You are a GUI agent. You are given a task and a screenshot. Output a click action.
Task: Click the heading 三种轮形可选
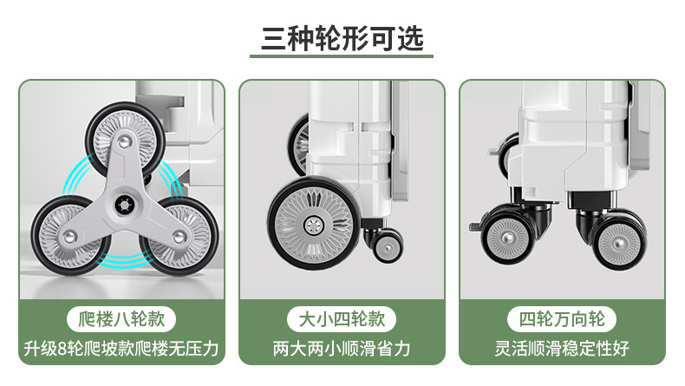click(x=342, y=37)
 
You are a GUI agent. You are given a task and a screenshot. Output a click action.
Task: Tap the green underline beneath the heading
click(x=342, y=58)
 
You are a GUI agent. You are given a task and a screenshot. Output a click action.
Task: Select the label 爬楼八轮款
click(x=121, y=318)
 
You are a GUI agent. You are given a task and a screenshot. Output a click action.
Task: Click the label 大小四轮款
click(x=342, y=318)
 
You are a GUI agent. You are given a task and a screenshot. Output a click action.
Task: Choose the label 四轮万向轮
click(x=562, y=318)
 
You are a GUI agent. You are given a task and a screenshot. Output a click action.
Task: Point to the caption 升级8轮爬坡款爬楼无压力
click(x=121, y=350)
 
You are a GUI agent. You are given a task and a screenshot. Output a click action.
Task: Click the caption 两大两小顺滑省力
click(x=342, y=350)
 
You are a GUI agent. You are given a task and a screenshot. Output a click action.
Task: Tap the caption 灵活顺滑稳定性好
click(x=562, y=350)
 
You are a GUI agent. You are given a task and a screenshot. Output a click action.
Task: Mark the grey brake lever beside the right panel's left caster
click(x=474, y=226)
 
